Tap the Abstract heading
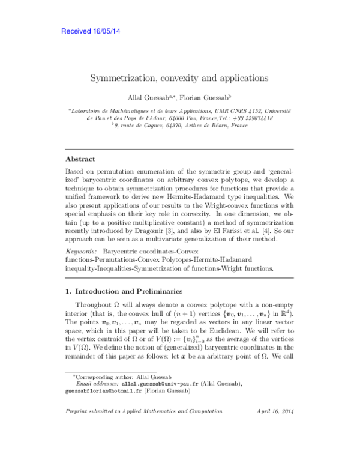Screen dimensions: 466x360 [80, 159]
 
